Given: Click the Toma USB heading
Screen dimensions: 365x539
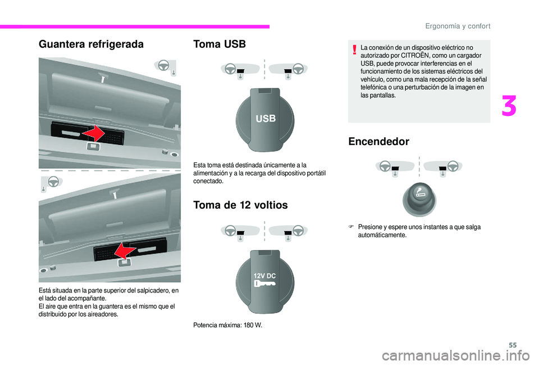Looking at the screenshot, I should point(220,44).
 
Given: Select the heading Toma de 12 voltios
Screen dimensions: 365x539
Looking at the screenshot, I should point(240,205).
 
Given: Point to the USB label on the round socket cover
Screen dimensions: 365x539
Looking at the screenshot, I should point(266,119).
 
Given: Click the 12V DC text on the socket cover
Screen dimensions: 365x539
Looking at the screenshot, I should point(264,276).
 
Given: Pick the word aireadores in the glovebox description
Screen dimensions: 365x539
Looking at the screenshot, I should point(103,314).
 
